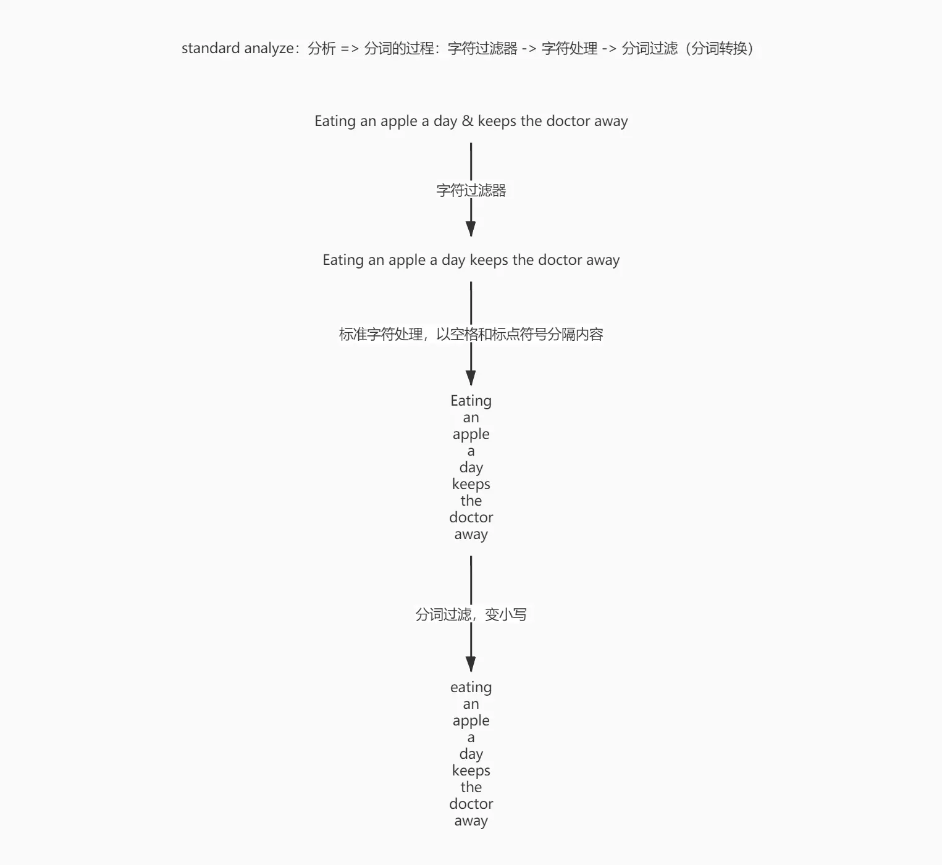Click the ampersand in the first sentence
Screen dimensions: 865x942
(468, 121)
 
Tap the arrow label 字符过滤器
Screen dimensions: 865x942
(471, 190)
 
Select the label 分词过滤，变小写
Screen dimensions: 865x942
(471, 614)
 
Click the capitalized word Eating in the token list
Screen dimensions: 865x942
(471, 401)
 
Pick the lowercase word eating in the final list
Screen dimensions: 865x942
(471, 687)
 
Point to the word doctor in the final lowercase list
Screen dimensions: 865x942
(471, 804)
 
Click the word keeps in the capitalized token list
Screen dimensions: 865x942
(471, 484)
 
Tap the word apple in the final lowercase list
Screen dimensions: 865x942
(471, 721)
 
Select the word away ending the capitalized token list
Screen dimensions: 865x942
(471, 534)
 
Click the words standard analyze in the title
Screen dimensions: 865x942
(237, 48)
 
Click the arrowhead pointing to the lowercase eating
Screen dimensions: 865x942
(471, 664)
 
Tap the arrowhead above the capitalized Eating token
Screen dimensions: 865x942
(471, 378)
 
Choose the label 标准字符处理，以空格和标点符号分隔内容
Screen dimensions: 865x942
(471, 335)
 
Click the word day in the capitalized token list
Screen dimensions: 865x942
(471, 467)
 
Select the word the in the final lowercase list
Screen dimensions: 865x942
(471, 787)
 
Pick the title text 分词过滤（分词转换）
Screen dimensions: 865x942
(688, 48)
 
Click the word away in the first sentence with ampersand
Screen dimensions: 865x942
(611, 121)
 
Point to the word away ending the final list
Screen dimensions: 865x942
(471, 821)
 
